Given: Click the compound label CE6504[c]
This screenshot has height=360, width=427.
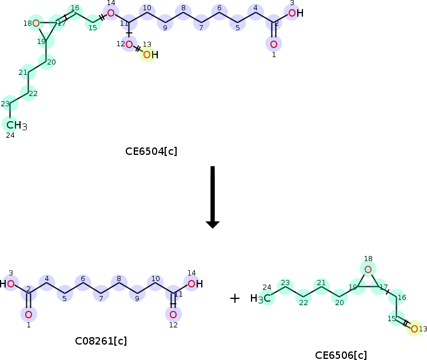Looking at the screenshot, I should pyautogui.click(x=151, y=151).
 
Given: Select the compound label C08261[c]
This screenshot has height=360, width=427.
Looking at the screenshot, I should pyautogui.click(x=101, y=341).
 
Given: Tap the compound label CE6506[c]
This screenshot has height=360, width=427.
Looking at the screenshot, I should pyautogui.click(x=341, y=355).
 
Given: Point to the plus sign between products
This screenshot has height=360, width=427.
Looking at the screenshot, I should pyautogui.click(x=234, y=298).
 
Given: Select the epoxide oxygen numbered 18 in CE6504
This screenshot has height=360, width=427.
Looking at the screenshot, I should pyautogui.click(x=35, y=23).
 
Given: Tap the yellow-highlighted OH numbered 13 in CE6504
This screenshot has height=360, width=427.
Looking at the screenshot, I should pyautogui.click(x=149, y=55).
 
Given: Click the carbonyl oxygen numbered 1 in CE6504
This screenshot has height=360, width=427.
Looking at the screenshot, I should pyautogui.click(x=274, y=44).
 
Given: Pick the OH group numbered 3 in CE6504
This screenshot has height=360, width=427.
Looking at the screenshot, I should pyautogui.click(x=294, y=13).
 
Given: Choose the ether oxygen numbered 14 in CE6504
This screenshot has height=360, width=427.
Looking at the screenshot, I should pyautogui.click(x=111, y=13).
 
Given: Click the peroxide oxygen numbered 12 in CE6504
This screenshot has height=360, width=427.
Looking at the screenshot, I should pyautogui.click(x=129, y=44).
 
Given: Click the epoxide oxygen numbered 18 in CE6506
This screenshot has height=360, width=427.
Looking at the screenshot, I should pyautogui.click(x=368, y=269).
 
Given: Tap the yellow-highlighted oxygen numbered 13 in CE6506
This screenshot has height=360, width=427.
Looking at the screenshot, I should pyautogui.click(x=414, y=329).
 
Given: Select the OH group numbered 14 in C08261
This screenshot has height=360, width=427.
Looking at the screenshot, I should pyautogui.click(x=194, y=283).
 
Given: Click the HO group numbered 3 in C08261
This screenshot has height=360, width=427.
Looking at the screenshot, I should pyautogui.click(x=8, y=283).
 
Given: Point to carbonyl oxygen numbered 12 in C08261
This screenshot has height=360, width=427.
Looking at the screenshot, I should pyautogui.click(x=173, y=314).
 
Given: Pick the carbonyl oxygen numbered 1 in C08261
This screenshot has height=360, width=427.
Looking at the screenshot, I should pyautogui.click(x=28, y=314).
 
